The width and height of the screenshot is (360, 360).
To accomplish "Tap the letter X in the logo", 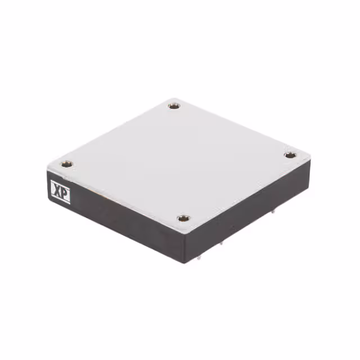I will (56, 190).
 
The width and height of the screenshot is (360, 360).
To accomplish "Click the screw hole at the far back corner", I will (174, 105).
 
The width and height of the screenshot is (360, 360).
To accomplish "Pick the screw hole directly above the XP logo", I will (67, 165).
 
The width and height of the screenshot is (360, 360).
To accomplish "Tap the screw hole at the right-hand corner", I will (289, 155).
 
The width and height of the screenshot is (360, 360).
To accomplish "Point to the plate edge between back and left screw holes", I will (112, 132).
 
